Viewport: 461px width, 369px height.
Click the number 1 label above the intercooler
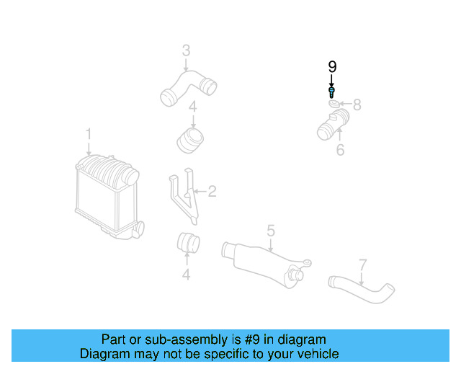(x=89, y=135)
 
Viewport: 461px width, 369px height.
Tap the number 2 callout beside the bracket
(x=212, y=192)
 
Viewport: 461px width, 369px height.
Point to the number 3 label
(x=186, y=50)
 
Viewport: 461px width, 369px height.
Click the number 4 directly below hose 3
(x=192, y=109)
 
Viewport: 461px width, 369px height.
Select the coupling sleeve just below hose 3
(x=190, y=138)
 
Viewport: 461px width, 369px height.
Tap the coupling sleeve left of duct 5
(x=188, y=245)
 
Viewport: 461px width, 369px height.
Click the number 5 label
(x=271, y=231)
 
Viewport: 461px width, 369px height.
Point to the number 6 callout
(x=340, y=150)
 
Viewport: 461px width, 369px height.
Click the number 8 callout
(x=357, y=105)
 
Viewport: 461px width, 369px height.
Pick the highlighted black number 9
(x=332, y=66)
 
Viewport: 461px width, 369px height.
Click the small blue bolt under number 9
(x=331, y=92)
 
